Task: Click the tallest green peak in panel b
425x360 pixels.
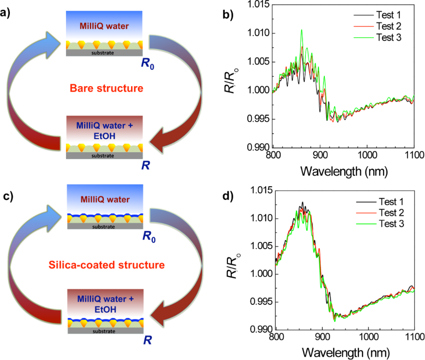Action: tap(301, 30)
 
